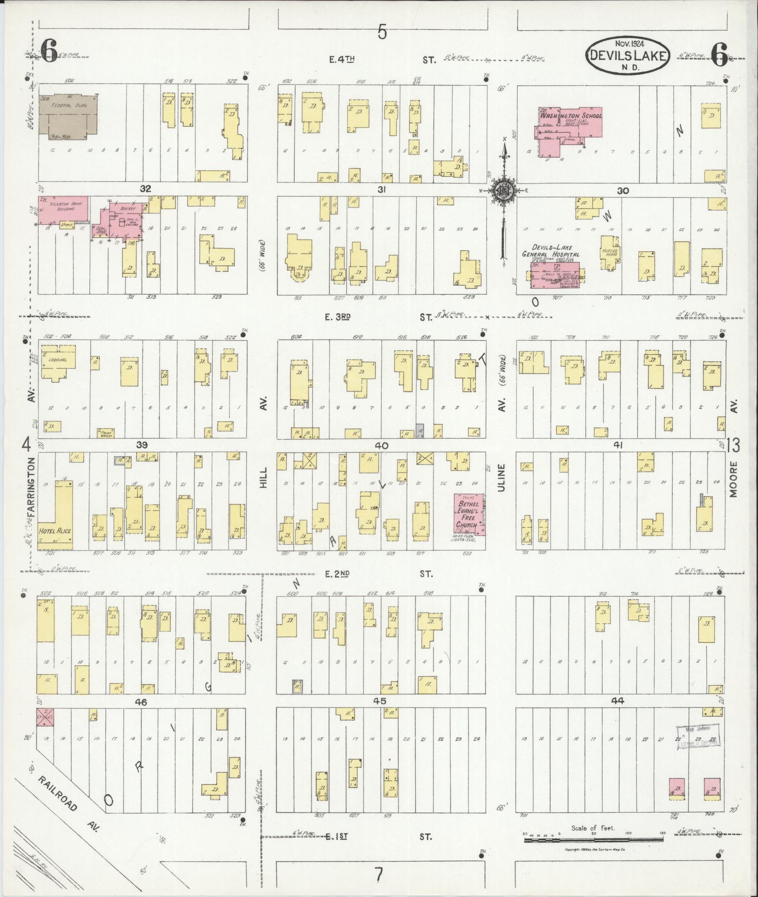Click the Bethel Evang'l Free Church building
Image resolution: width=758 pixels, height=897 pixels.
click(x=469, y=514)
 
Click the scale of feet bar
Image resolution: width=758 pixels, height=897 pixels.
click(x=593, y=840)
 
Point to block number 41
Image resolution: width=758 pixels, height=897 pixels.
click(x=618, y=445)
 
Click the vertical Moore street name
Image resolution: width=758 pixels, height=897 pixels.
click(x=734, y=479)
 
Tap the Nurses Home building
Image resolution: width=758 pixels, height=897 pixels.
click(x=609, y=251)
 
